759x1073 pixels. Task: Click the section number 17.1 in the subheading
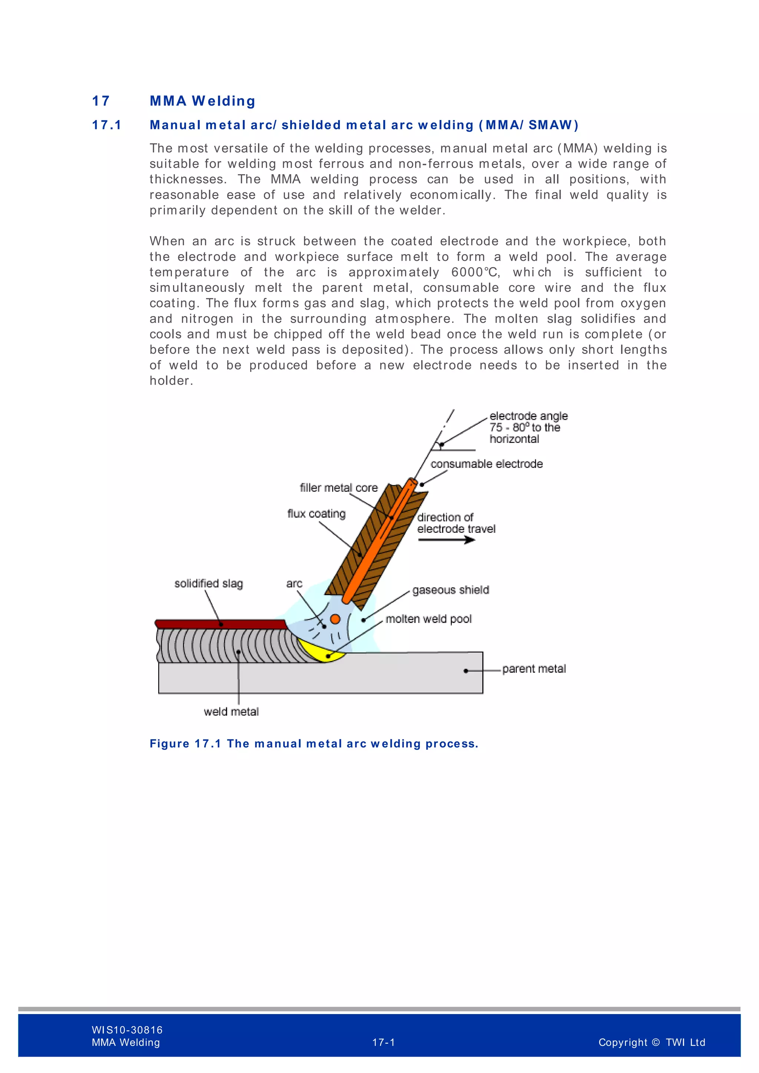(107, 125)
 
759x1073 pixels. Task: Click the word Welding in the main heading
(223, 101)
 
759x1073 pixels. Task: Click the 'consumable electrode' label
(487, 464)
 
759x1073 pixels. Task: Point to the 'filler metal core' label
(338, 488)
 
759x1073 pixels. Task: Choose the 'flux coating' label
(316, 514)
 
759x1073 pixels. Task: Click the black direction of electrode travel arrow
(446, 540)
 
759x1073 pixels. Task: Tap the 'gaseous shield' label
(451, 590)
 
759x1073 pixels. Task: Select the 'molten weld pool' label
(428, 619)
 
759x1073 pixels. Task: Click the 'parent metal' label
(534, 669)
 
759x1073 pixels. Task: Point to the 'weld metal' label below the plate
(231, 712)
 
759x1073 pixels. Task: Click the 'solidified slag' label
(208, 583)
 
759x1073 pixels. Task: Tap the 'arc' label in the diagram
(294, 583)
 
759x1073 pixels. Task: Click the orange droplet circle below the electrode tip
(335, 619)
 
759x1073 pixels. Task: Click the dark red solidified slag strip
(220, 624)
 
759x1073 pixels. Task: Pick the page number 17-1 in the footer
(383, 1043)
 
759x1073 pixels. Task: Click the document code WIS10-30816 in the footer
(127, 1030)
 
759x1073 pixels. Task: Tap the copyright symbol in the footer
(656, 1043)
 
